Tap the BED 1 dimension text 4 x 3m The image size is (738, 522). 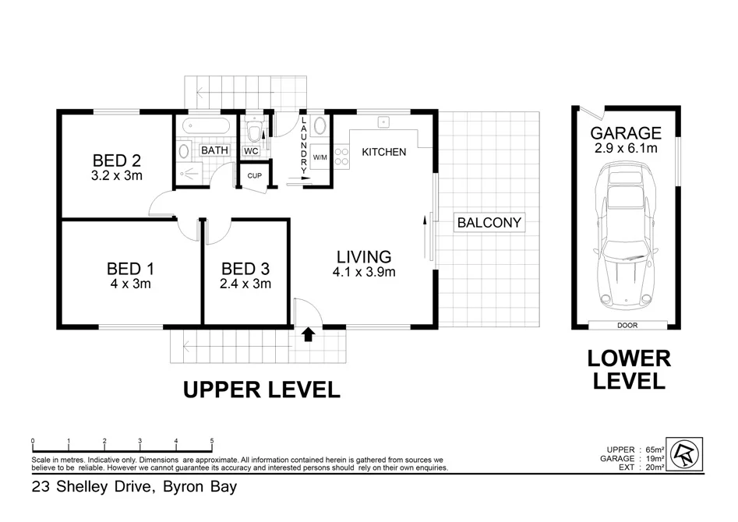pyautogui.click(x=129, y=284)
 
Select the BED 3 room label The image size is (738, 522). pyautogui.click(x=245, y=269)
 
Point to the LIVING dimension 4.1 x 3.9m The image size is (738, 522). pyautogui.click(x=365, y=272)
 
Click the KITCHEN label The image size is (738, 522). pyautogui.click(x=383, y=152)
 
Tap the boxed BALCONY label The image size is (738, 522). pyautogui.click(x=489, y=223)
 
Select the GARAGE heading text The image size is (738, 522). pyautogui.click(x=625, y=133)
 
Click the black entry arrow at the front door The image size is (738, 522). pyautogui.click(x=308, y=334)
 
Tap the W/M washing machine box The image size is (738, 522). pyautogui.click(x=320, y=157)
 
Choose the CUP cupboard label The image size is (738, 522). pyautogui.click(x=254, y=175)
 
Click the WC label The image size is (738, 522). pyautogui.click(x=251, y=150)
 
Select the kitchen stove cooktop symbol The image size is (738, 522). pyautogui.click(x=341, y=156)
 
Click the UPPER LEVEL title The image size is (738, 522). pyautogui.click(x=261, y=390)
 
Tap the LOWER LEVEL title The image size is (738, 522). pyautogui.click(x=628, y=369)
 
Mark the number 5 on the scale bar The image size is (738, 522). pyautogui.click(x=212, y=441)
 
